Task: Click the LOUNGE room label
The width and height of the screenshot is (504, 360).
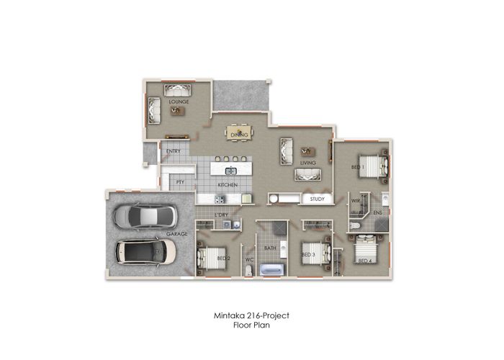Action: tap(179, 102)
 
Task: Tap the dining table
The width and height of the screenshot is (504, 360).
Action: tap(240, 132)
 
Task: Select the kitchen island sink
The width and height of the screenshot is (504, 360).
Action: tap(230, 171)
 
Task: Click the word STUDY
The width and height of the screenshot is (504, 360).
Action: tap(318, 199)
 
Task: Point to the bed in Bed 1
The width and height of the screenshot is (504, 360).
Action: tap(373, 166)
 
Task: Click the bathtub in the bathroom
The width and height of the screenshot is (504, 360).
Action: tap(271, 269)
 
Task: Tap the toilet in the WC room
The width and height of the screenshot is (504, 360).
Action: tap(249, 271)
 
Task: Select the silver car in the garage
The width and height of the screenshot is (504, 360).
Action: tap(145, 216)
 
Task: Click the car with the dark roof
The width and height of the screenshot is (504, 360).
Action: tap(146, 252)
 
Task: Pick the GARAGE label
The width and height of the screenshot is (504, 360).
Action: tap(177, 234)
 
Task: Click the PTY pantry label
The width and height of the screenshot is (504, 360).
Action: tap(180, 182)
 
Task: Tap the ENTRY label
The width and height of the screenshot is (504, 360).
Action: tap(174, 151)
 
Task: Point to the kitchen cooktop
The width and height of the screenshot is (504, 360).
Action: tap(220, 199)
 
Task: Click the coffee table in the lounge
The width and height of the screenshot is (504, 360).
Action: tap(177, 111)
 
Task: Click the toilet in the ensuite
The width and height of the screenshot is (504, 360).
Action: tap(354, 225)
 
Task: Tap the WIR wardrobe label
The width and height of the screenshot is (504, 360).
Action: tap(356, 201)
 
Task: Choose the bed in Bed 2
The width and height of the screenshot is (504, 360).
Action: tap(212, 258)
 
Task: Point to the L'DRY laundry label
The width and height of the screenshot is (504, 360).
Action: tap(221, 215)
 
